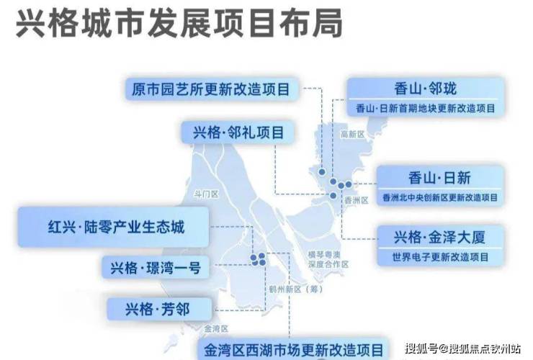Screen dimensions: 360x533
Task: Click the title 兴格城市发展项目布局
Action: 179,24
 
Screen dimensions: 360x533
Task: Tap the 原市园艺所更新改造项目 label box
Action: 210,89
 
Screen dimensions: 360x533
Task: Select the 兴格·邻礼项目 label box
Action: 238,133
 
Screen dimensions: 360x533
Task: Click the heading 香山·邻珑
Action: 426,89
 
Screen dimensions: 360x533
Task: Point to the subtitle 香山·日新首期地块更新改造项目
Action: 426,109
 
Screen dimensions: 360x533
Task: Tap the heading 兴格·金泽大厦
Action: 439,237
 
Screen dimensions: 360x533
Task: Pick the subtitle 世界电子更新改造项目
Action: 440,256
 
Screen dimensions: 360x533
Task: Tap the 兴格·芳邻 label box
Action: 159,310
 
